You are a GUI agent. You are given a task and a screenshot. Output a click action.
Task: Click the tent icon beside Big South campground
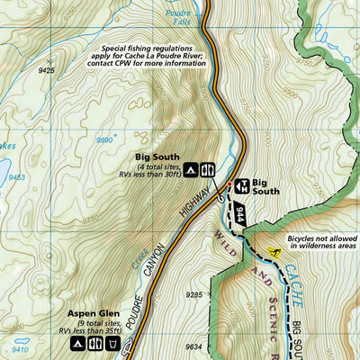(x=192, y=168)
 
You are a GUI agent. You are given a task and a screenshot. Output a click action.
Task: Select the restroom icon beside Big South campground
(x=207, y=168)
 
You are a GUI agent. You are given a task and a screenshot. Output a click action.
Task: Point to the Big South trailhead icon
(x=240, y=185)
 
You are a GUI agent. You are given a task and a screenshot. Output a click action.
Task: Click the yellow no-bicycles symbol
(x=275, y=252)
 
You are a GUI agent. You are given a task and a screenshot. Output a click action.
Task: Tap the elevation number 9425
(x=47, y=68)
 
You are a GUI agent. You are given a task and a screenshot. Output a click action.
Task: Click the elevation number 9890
(x=106, y=140)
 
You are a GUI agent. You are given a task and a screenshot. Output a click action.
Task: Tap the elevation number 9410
(x=19, y=349)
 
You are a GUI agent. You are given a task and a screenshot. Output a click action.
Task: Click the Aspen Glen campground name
(x=88, y=313)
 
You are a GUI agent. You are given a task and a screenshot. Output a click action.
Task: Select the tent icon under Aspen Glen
(x=78, y=343)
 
